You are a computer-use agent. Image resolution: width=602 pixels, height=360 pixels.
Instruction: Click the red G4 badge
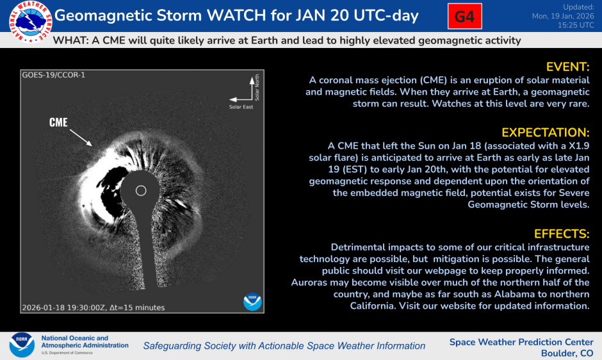pyautogui.click(x=464, y=17)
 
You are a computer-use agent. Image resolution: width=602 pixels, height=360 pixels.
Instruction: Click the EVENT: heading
pyautogui.click(x=567, y=67)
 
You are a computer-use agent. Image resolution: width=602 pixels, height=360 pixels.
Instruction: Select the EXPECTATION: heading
pyautogui.click(x=545, y=133)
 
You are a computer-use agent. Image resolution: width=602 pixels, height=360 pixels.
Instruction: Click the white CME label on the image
pyautogui.click(x=58, y=122)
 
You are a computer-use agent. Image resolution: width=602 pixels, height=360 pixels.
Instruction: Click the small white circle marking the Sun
pyautogui.click(x=142, y=190)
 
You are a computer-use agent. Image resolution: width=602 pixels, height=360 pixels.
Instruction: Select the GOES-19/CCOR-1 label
pyautogui.click(x=53, y=75)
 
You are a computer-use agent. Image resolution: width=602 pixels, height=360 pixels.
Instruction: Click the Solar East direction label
pyautogui.click(x=241, y=106)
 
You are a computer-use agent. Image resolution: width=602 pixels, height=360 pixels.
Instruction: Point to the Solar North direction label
pyautogui.click(x=257, y=88)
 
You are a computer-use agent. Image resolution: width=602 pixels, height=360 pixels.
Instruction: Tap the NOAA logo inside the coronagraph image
pyautogui.click(x=252, y=301)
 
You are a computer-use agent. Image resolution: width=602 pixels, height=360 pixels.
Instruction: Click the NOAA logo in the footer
pyautogui.click(x=22, y=345)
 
